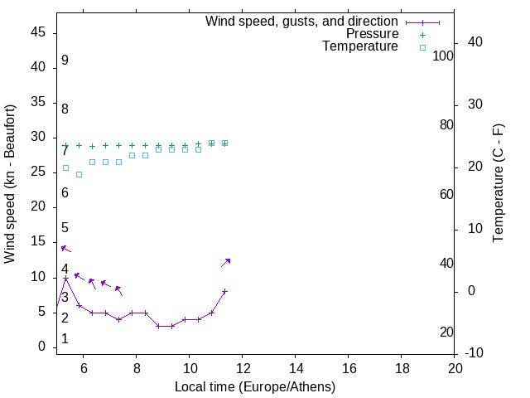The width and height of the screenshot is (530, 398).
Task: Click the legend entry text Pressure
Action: pyautogui.click(x=372, y=34)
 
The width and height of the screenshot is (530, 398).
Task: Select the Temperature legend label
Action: pyautogui.click(x=360, y=46)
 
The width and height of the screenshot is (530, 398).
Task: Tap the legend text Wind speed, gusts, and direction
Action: pyautogui.click(x=302, y=21)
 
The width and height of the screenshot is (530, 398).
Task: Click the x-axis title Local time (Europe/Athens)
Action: pyautogui.click(x=255, y=386)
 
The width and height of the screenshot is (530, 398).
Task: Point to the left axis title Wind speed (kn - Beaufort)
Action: pyautogui.click(x=10, y=184)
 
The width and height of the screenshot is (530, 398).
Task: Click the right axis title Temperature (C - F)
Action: pyautogui.click(x=498, y=184)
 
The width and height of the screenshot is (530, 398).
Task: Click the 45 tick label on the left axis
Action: pyautogui.click(x=38, y=32)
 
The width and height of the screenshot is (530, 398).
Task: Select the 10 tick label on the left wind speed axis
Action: pyautogui.click(x=38, y=277)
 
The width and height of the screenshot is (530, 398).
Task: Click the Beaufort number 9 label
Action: pyautogui.click(x=65, y=61)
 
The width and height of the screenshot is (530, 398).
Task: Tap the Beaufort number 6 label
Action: pyautogui.click(x=65, y=193)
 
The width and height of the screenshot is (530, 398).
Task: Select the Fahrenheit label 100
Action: pyautogui.click(x=444, y=56)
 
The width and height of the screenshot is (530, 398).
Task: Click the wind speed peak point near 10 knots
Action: pyautogui.click(x=65, y=278)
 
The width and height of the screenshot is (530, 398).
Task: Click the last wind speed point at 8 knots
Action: pyautogui.click(x=224, y=292)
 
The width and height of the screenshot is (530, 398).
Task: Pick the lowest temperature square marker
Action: pyautogui.click(x=79, y=174)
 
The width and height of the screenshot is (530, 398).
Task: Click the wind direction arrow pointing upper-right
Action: pyautogui.click(x=225, y=262)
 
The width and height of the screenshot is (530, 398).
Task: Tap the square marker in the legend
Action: pyautogui.click(x=422, y=47)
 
